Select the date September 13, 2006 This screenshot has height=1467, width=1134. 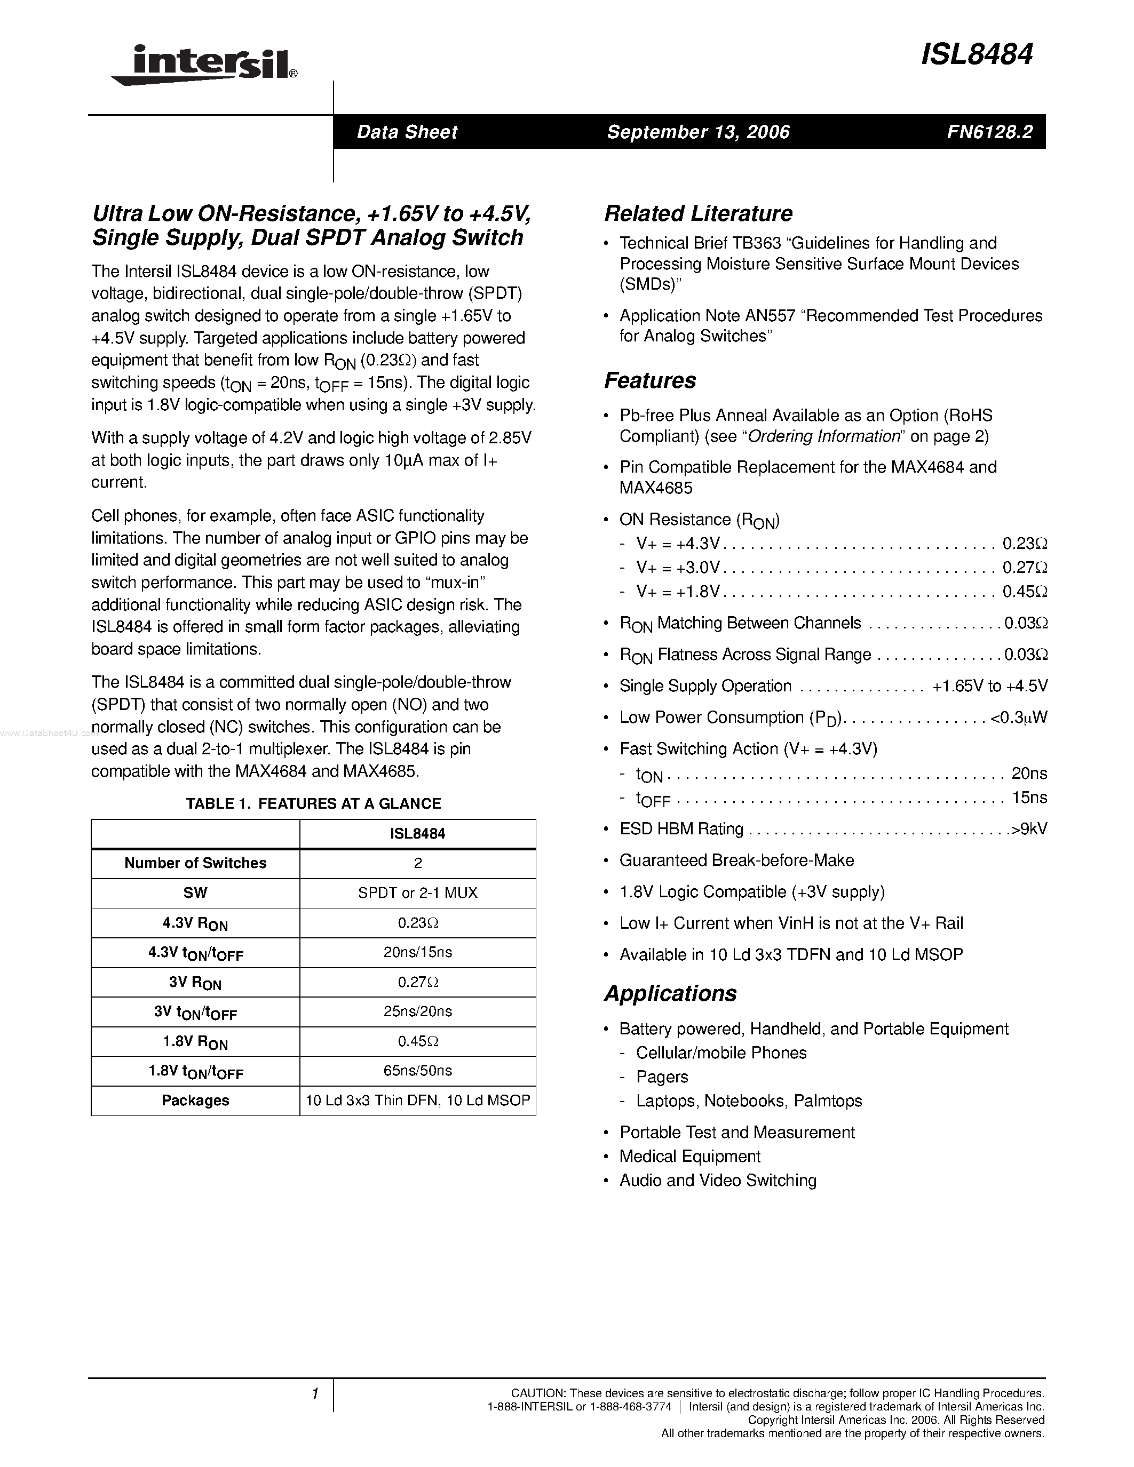click(x=698, y=132)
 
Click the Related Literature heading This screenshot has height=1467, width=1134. click(x=698, y=213)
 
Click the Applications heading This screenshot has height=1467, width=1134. click(x=670, y=993)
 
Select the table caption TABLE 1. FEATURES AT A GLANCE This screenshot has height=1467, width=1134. click(x=313, y=803)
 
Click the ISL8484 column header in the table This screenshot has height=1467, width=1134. click(x=417, y=834)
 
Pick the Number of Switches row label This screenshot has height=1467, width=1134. click(x=195, y=863)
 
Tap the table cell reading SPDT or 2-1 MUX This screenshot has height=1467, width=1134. click(x=417, y=892)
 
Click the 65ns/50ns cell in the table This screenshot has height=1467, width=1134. click(x=417, y=1071)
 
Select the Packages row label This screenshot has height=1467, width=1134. click(x=195, y=1100)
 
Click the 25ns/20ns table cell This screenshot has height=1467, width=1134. click(x=417, y=1011)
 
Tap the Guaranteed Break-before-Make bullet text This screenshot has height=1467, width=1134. click(x=736, y=860)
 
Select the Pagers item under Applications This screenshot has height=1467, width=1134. click(x=662, y=1077)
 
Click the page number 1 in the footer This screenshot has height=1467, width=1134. click(x=314, y=1394)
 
